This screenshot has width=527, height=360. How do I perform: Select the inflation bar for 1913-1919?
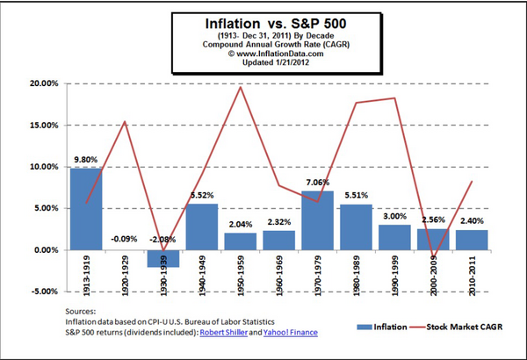click(x=86, y=209)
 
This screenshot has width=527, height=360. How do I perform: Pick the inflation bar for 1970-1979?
click(x=316, y=220)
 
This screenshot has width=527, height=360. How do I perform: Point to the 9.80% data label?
click(x=86, y=160)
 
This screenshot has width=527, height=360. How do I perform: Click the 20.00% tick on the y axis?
click(x=41, y=83)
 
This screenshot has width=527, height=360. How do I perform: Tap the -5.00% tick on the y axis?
click(x=41, y=292)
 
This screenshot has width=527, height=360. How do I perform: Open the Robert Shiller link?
click(x=224, y=334)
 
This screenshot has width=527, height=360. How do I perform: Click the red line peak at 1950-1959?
click(x=240, y=87)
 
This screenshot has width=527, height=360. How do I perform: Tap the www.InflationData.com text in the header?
click(x=263, y=52)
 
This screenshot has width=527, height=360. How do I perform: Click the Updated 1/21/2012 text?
click(x=263, y=61)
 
